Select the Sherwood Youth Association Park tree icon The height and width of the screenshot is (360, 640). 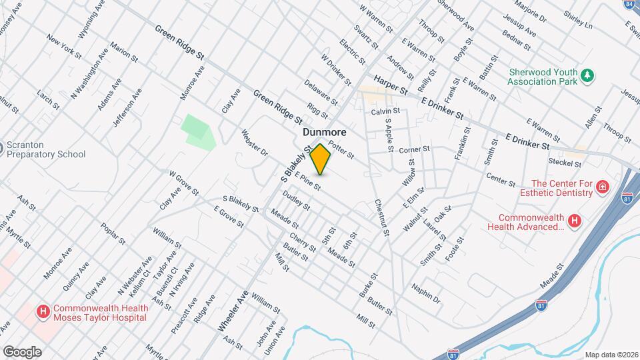tap(587, 74)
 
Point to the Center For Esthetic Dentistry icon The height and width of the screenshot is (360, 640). tap(603, 186)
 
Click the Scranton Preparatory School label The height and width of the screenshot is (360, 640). tap(45, 150)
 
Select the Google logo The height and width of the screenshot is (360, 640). tap(22, 351)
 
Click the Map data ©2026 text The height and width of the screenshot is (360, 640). tap(611, 355)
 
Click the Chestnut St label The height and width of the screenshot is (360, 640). tap(381, 218)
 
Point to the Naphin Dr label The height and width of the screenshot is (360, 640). tap(426, 293)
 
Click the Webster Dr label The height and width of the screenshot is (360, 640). tap(255, 143)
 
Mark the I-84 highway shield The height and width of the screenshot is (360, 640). tap(629, 4)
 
